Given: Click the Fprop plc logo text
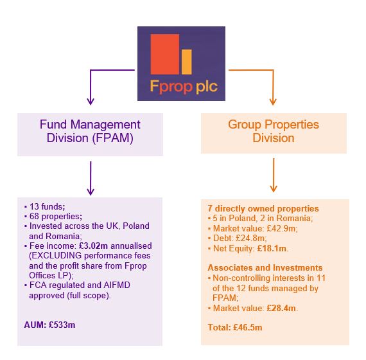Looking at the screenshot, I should pyautogui.click(x=181, y=85).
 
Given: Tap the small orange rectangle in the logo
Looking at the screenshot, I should pyautogui.click(x=187, y=61).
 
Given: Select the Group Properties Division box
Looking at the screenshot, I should pyautogui.click(x=274, y=131).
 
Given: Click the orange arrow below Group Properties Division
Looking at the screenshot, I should pyautogui.click(x=274, y=176).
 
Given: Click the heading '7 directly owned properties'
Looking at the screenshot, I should pyautogui.click(x=263, y=209).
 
